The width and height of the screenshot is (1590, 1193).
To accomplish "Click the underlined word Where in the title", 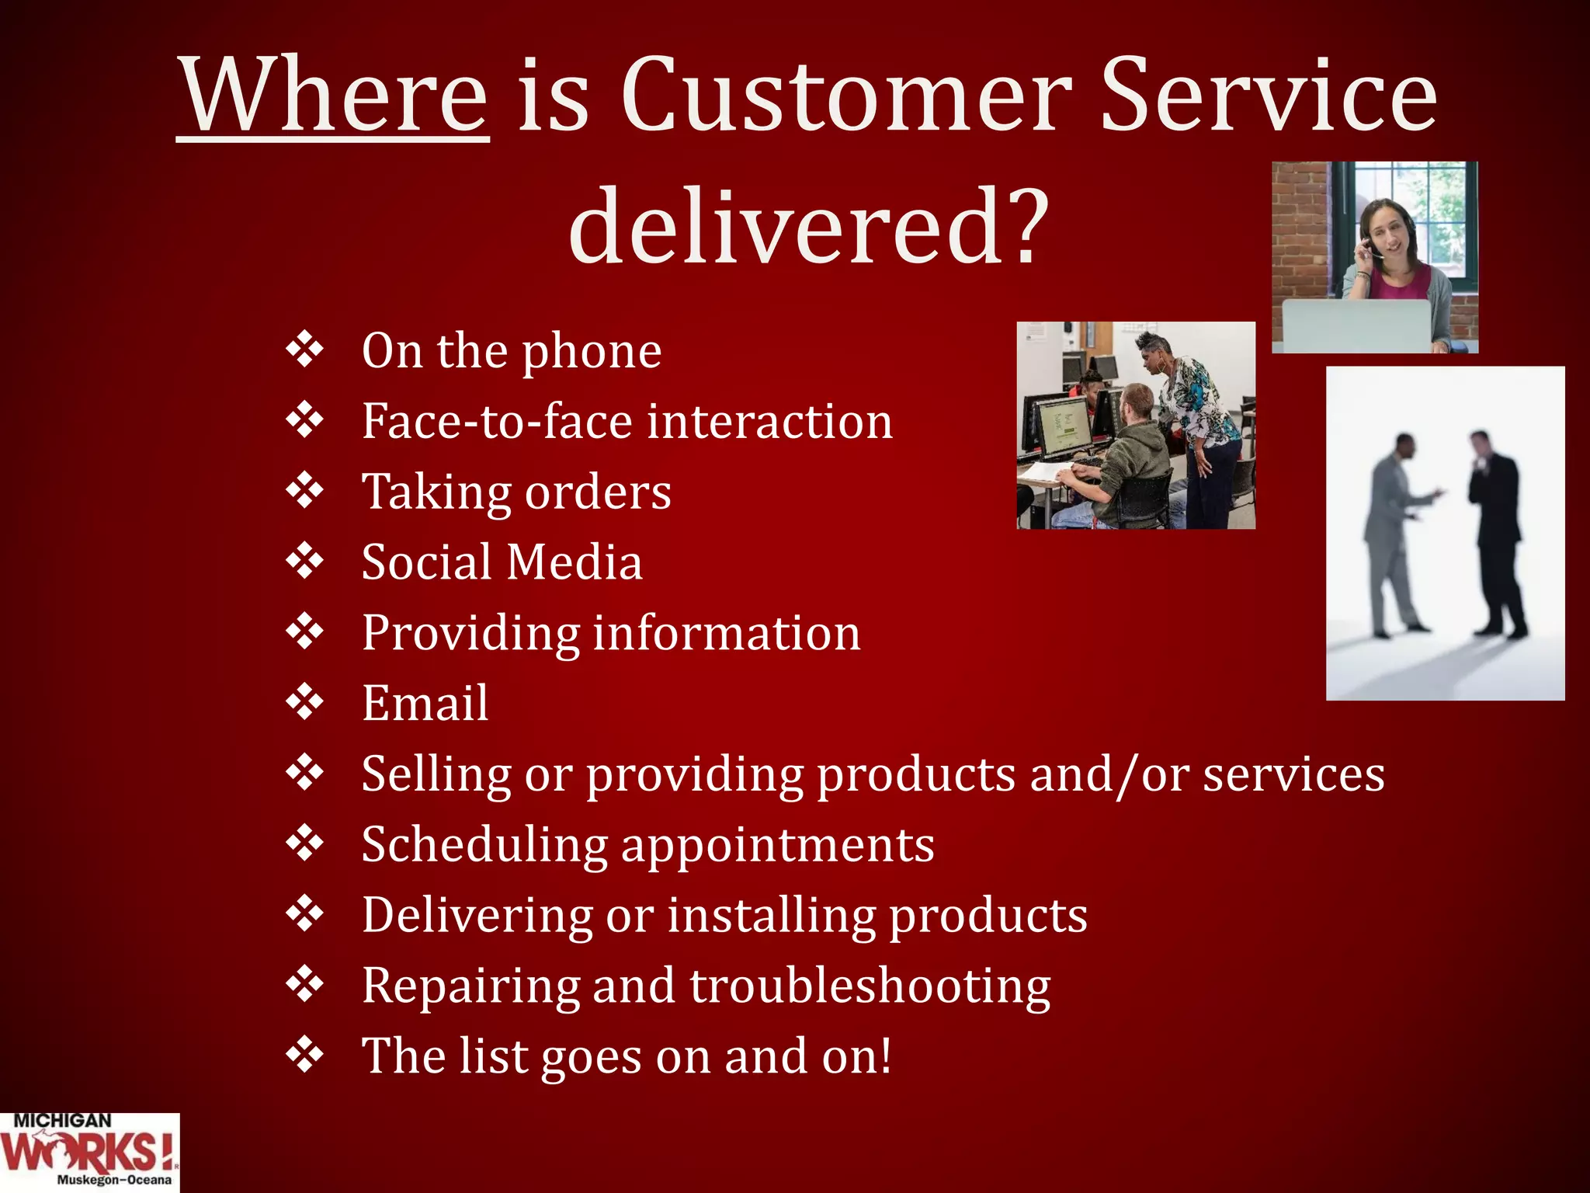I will (x=334, y=97).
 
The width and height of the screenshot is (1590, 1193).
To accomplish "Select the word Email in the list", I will (x=425, y=704).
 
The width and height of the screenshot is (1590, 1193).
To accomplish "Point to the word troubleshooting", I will (x=870, y=986).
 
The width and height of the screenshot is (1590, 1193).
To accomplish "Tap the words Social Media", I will (x=502, y=562).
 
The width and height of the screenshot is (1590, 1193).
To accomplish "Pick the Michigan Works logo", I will (x=89, y=1153).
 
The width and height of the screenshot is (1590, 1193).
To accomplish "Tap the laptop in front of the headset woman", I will (x=1355, y=326).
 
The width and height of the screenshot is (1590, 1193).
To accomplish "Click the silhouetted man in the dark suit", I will (x=1495, y=528).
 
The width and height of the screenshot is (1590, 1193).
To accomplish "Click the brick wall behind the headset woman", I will (x=1300, y=233).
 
